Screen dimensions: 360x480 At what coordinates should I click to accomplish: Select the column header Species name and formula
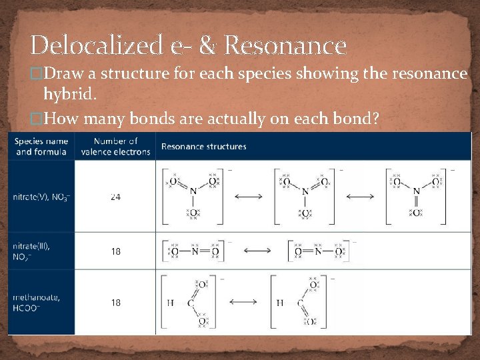click(41, 147)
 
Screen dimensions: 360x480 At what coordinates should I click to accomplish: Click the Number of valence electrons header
click(115, 147)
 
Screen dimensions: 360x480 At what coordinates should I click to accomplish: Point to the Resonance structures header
click(203, 147)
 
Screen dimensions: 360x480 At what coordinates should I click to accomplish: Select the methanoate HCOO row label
click(37, 303)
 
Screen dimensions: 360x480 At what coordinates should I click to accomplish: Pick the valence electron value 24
click(116, 197)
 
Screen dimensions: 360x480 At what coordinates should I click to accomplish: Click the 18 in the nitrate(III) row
click(116, 251)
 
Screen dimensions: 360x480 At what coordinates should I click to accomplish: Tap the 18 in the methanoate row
click(116, 303)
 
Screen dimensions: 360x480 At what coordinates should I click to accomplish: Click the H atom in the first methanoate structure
click(171, 303)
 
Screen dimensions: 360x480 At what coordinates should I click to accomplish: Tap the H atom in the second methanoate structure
click(280, 303)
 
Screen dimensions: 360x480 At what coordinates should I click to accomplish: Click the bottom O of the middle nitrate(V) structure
click(305, 213)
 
